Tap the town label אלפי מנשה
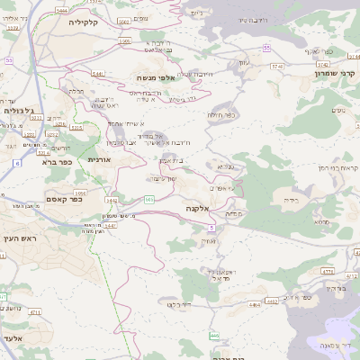pyautogui.click(x=158, y=78)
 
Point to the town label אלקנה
pyautogui.click(x=199, y=208)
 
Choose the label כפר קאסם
pyautogui.click(x=64, y=200)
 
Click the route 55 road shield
pyautogui.click(x=267, y=47)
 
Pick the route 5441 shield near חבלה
pyautogui.click(x=98, y=74)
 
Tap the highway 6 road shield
pyautogui.click(x=17, y=163)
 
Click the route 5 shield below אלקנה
pyautogui.click(x=211, y=228)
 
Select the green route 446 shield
pyautogui.click(x=213, y=336)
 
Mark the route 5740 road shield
pyautogui.click(x=277, y=66)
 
